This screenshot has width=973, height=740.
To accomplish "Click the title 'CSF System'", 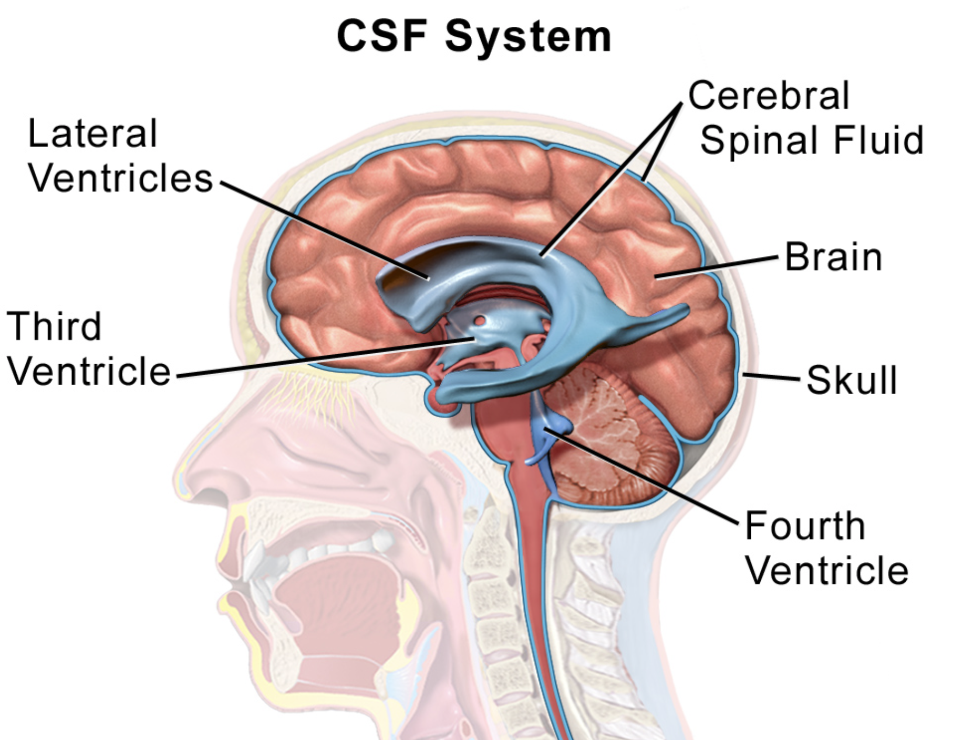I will pos(474,37).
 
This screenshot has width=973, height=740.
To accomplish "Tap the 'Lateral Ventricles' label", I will pos(120,156).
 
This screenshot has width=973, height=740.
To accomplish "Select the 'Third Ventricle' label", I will pos(88,348).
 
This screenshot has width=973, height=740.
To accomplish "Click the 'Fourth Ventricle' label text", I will pos(826,548).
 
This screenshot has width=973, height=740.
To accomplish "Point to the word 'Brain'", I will pos(833,258).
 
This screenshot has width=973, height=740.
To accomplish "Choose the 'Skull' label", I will pos(851,380).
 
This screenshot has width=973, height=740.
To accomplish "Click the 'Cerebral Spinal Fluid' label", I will pos(806,118).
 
